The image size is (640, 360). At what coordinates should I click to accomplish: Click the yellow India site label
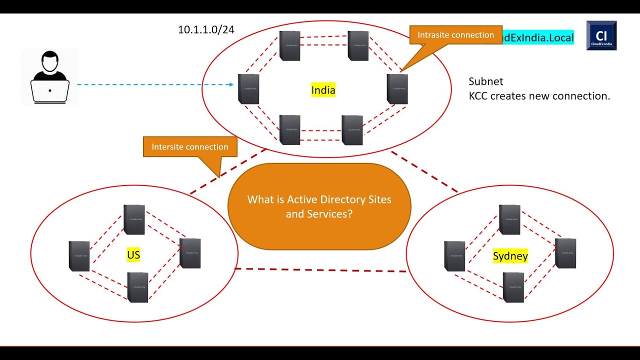coord(323,90)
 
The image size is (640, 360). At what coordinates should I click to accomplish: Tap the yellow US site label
coord(133,255)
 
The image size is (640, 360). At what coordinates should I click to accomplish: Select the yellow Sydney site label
coord(510,256)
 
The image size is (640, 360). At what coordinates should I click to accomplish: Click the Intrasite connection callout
coord(455,35)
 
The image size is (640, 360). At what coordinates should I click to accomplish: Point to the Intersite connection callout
coord(190,147)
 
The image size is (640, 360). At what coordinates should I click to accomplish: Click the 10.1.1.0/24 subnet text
coord(206,29)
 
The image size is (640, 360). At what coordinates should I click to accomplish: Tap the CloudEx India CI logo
coord(601,35)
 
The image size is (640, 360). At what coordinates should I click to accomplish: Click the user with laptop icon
coord(50,78)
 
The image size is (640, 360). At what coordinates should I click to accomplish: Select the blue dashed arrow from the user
coord(155,84)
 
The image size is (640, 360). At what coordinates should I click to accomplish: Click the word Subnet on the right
coord(485,81)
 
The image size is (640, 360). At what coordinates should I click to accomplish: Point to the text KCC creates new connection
coord(539,96)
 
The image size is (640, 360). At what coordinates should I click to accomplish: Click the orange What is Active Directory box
coord(319,206)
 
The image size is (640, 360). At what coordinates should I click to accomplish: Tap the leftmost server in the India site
coord(248,89)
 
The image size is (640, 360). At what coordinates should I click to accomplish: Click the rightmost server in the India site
coord(397,89)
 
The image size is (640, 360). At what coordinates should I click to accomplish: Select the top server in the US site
coord(134,219)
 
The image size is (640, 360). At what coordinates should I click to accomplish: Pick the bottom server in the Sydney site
coord(513,287)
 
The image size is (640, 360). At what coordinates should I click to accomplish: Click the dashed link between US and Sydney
coord(320,270)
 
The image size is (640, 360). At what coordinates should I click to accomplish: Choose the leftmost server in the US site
coord(79,256)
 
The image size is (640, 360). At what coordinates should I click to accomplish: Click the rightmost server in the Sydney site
coord(565,253)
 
